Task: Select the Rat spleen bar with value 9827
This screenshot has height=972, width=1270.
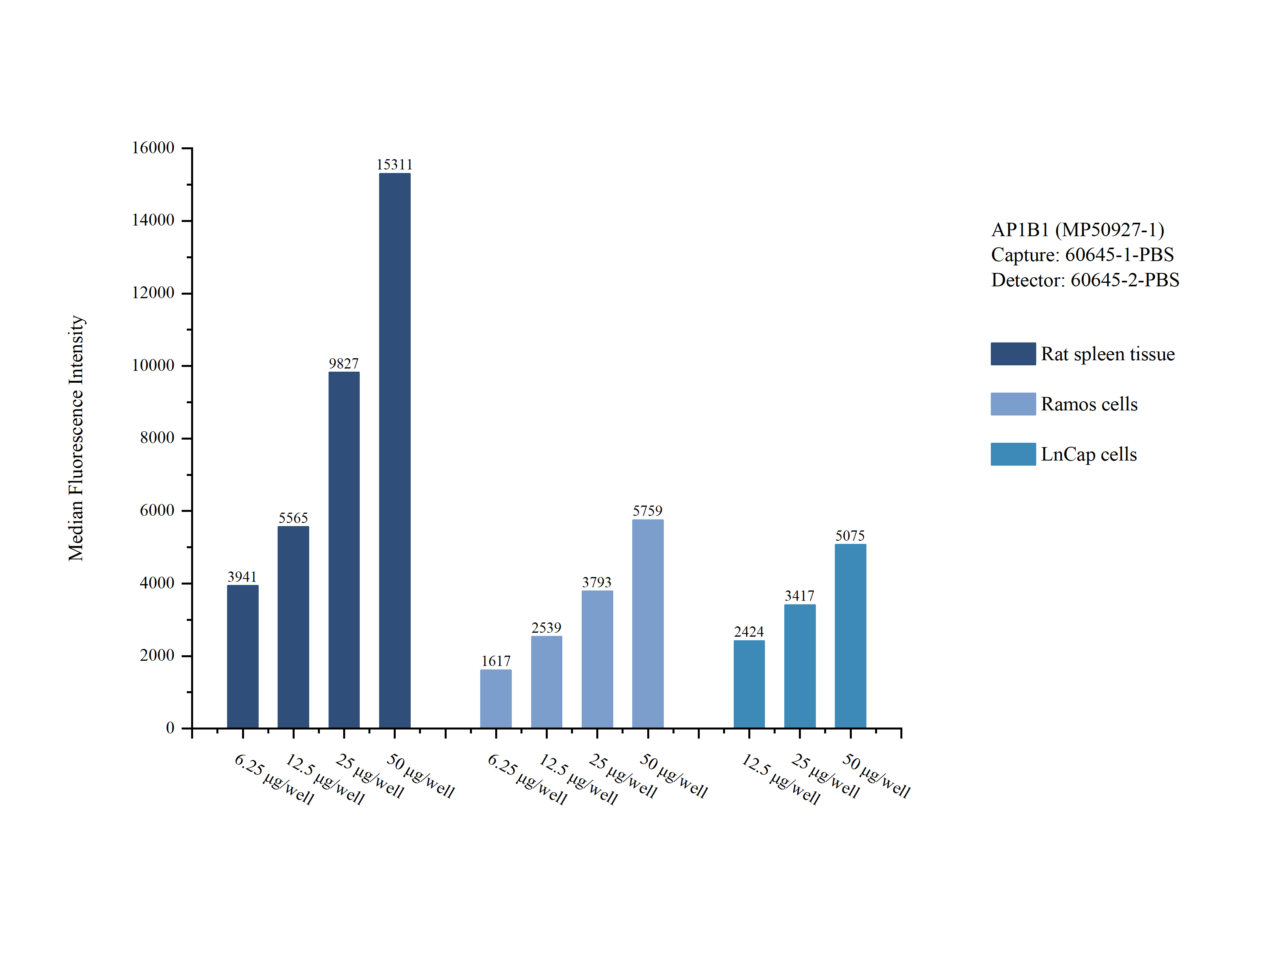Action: [344, 550]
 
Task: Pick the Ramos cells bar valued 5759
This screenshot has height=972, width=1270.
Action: [647, 623]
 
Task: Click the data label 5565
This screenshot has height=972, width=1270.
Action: [293, 518]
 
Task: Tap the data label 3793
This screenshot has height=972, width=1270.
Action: [596, 582]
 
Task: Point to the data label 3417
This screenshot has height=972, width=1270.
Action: [799, 596]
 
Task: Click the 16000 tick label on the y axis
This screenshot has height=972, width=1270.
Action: [153, 148]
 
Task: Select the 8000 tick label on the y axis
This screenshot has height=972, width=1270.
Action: [157, 438]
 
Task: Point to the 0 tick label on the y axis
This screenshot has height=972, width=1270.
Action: [170, 728]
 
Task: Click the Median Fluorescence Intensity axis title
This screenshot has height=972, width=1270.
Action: [76, 438]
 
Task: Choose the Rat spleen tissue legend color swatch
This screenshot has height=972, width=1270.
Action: [1013, 353]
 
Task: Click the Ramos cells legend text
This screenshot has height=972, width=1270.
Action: [1089, 404]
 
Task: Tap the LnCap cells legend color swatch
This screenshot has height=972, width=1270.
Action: [1013, 454]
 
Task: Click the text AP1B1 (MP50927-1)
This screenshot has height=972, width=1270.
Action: [1077, 230]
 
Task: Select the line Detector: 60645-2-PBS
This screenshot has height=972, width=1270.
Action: [1085, 280]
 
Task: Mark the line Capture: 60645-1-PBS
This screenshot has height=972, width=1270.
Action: [1082, 255]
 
